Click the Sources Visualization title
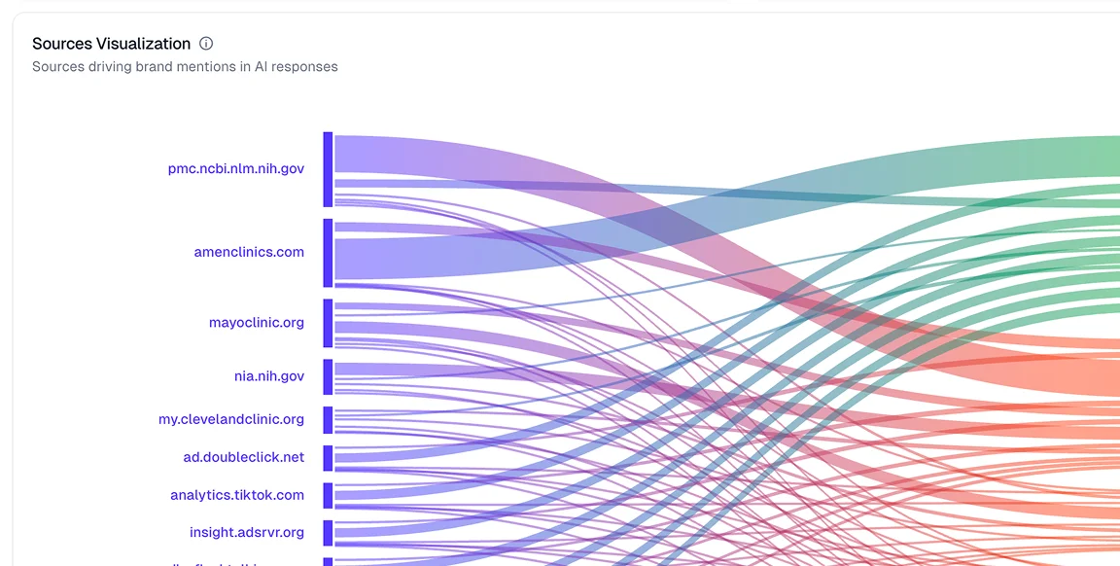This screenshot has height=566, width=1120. tap(111, 44)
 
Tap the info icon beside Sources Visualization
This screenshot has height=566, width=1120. tap(206, 44)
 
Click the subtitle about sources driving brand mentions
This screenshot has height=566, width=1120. tap(185, 67)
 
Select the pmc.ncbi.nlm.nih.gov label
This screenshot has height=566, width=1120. tap(235, 168)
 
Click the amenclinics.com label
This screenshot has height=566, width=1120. tap(249, 252)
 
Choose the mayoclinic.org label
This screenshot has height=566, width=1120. tap(256, 322)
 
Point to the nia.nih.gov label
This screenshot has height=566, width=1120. tap(268, 375)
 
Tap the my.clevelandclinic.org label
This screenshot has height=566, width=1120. tap(230, 419)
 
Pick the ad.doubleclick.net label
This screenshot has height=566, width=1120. tap(243, 456)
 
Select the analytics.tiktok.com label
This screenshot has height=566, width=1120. tap(236, 495)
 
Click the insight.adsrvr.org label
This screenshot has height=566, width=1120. tap(246, 532)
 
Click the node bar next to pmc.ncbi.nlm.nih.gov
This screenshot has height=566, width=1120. tap(329, 169)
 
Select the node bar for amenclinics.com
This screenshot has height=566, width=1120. tap(329, 253)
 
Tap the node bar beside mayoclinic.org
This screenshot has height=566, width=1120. tap(329, 323)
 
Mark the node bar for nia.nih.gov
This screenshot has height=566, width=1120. tap(329, 376)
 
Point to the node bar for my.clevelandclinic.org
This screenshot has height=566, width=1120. tap(329, 420)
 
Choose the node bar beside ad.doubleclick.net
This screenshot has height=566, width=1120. tap(329, 457)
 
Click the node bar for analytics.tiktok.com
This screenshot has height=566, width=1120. tap(329, 496)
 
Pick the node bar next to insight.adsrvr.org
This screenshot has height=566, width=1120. tap(329, 533)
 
